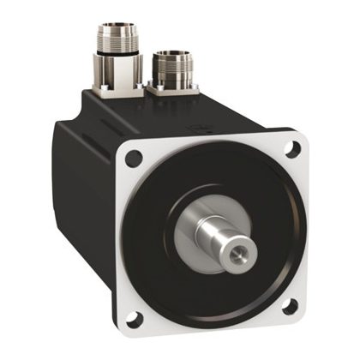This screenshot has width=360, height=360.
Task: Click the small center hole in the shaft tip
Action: click(238, 256)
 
